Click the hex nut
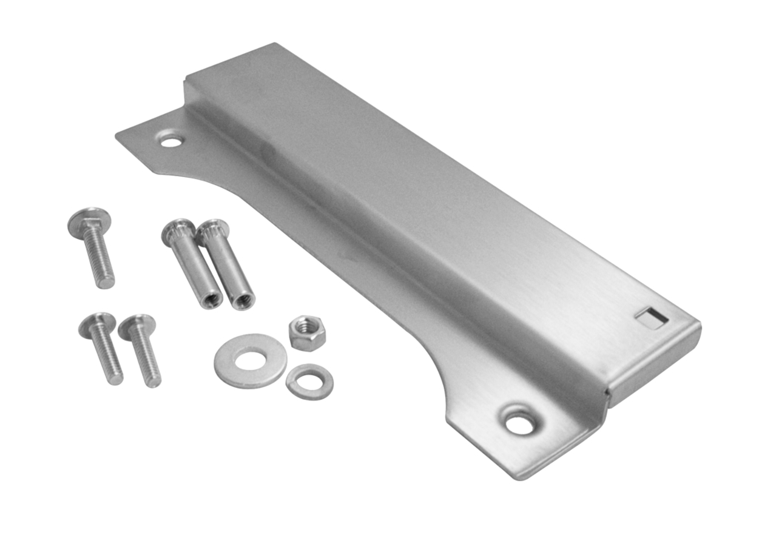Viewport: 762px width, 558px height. coord(306,333)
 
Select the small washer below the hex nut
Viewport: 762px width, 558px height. coord(309,382)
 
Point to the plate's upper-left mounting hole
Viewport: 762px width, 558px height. coord(171,139)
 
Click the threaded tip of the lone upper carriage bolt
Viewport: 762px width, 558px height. coord(106,280)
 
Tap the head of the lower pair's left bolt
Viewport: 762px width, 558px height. coord(96,323)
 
